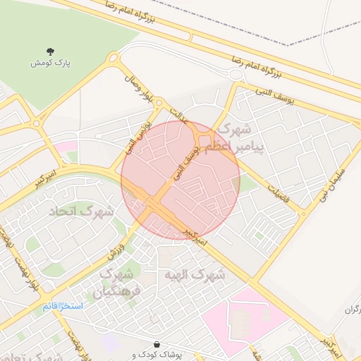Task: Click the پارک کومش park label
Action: click(x=51, y=63)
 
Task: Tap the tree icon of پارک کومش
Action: click(x=51, y=51)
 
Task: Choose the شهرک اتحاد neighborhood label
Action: click(x=82, y=210)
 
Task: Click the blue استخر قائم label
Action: click(x=62, y=306)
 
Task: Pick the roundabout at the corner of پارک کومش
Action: click(x=113, y=60)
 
